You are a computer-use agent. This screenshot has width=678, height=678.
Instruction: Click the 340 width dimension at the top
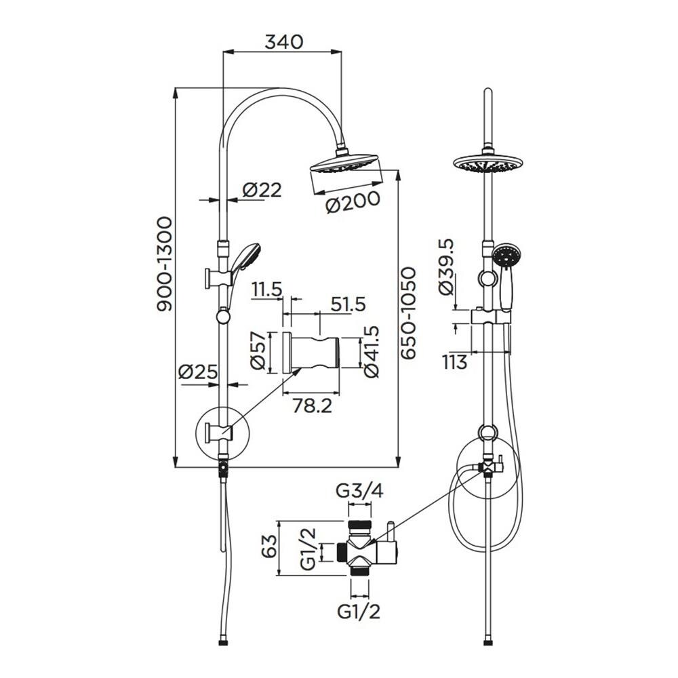pyautogui.click(x=284, y=42)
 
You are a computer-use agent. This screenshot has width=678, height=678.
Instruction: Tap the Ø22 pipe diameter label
pyautogui.click(x=262, y=190)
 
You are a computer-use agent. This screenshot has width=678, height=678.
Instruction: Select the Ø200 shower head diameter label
pyautogui.click(x=353, y=202)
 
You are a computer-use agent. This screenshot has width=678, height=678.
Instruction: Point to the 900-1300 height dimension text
pyautogui.click(x=164, y=264)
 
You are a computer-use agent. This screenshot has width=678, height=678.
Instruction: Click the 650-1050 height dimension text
pyautogui.click(x=407, y=313)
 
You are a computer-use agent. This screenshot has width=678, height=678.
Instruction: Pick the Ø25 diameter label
pyautogui.click(x=198, y=372)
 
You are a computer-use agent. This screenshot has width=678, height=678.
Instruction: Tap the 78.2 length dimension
pyautogui.click(x=312, y=405)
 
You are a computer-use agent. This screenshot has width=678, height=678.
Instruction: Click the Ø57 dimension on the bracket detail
pyautogui.click(x=258, y=351)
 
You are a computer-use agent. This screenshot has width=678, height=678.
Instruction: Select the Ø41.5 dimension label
pyautogui.click(x=372, y=351)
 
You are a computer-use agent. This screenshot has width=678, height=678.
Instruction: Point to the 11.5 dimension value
pyautogui.click(x=268, y=290)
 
